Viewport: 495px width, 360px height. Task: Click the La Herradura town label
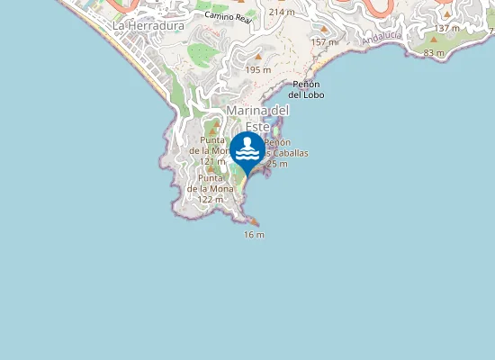click(x=148, y=26)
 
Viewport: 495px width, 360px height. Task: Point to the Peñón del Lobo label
click(x=306, y=89)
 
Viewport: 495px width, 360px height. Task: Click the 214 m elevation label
click(x=282, y=12)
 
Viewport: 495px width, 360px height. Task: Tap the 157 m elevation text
click(x=324, y=42)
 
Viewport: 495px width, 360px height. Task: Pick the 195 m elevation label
click(x=258, y=70)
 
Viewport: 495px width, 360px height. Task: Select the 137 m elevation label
click(x=447, y=28)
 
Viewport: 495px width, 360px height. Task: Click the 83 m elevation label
click(x=434, y=53)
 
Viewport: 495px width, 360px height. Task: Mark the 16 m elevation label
click(x=254, y=235)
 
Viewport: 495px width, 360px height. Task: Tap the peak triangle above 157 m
click(x=324, y=29)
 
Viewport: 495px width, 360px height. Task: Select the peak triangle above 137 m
click(x=447, y=14)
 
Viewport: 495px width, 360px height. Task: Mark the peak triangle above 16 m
click(x=254, y=221)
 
